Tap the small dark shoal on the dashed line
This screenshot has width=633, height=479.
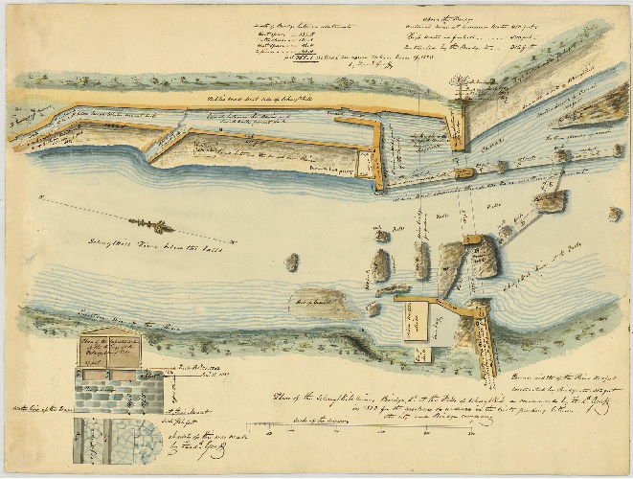pos(150,226)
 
